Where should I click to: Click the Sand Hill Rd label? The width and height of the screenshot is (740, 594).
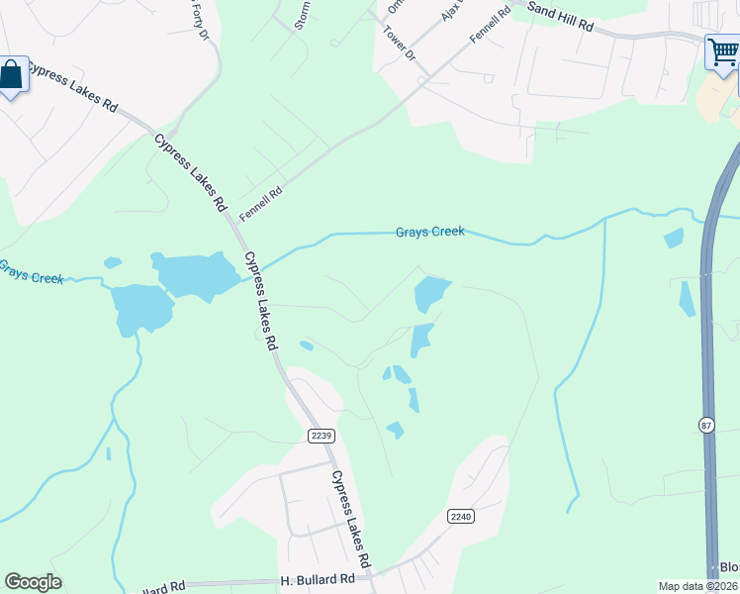click(560, 17)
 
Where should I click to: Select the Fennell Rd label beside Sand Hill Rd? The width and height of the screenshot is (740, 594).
click(490, 22)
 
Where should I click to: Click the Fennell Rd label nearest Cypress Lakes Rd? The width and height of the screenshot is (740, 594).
click(261, 204)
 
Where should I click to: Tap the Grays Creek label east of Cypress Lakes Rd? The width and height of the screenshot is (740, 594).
click(429, 232)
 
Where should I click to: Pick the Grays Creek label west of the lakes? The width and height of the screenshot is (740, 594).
click(32, 273)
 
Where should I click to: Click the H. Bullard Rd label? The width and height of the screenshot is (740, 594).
click(317, 578)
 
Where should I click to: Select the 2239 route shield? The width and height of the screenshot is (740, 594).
click(322, 436)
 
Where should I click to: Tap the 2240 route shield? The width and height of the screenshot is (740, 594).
click(461, 516)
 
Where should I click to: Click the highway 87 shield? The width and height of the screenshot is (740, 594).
click(706, 425)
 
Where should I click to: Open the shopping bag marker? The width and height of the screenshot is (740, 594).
click(12, 75)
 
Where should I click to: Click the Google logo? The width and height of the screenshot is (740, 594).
click(33, 582)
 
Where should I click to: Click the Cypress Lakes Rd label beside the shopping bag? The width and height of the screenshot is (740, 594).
click(73, 87)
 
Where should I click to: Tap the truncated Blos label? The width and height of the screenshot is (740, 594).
click(729, 568)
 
